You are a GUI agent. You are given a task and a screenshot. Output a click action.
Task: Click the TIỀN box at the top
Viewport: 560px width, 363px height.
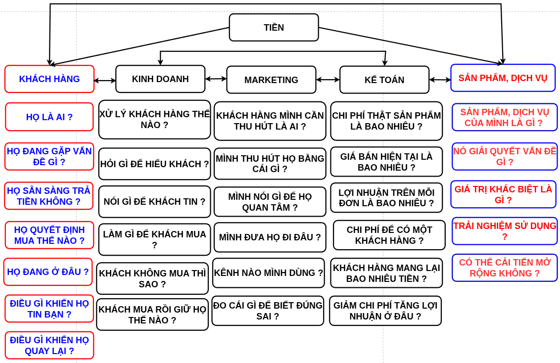[274, 27]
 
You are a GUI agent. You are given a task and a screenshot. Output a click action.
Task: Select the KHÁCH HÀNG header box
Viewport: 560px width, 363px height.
[49, 79]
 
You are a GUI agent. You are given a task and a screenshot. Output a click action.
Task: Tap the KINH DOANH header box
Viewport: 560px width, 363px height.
[160, 79]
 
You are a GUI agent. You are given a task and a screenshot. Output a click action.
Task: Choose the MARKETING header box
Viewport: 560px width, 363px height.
[271, 80]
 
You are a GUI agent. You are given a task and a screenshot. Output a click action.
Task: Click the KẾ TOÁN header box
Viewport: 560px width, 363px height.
[384, 80]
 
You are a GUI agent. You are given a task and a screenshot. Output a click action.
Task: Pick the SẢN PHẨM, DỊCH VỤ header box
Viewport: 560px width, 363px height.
[503, 78]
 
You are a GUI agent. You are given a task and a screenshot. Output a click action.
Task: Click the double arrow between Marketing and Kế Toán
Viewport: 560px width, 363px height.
[328, 80]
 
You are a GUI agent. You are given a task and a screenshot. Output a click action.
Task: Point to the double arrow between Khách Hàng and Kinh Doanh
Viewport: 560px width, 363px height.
[105, 80]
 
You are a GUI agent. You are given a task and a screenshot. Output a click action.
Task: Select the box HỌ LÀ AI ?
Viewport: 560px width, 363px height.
[49, 117]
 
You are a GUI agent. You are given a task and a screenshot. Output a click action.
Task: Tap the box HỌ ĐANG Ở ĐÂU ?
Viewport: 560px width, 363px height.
[48, 272]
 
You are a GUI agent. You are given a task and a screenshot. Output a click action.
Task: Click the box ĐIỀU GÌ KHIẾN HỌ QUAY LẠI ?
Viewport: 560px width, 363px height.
[49, 345]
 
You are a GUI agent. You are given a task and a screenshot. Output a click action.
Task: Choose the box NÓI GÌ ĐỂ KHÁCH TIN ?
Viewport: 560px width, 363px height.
[154, 202]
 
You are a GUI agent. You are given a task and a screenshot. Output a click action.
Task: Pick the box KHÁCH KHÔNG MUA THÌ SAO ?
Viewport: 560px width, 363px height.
[152, 278]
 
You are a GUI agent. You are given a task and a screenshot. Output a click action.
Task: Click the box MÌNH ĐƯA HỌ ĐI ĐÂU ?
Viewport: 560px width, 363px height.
[270, 237]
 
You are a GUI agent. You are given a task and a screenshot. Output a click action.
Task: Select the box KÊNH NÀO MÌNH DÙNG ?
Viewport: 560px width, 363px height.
[269, 273]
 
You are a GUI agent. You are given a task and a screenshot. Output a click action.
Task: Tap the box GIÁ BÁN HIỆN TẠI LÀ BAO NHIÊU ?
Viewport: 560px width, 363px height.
[386, 162]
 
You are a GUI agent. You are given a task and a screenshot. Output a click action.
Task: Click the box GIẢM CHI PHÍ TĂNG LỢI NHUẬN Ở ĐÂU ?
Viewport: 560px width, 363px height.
[385, 311]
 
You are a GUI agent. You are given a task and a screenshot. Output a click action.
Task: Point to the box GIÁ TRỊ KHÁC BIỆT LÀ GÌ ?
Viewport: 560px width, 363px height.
[503, 194]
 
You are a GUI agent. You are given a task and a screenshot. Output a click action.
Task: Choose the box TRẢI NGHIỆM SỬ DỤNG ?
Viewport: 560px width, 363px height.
[505, 231]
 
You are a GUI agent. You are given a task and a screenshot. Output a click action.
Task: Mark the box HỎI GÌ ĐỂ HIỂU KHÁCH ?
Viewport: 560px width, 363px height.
[154, 164]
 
